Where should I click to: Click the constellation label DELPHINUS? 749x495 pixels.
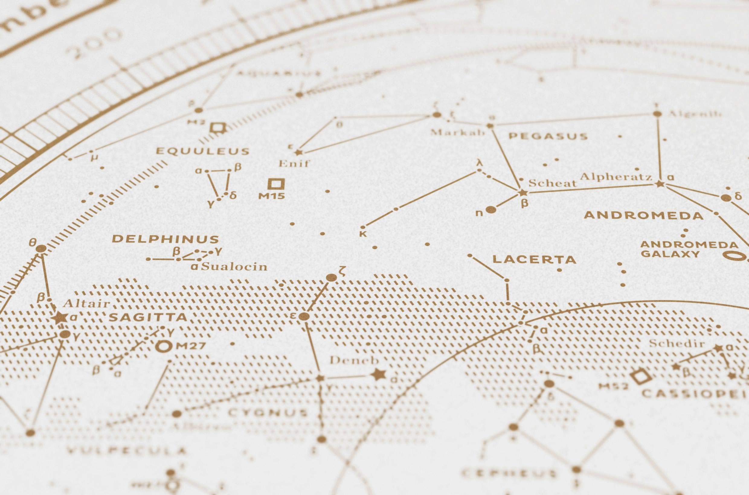pyautogui.click(x=165, y=239)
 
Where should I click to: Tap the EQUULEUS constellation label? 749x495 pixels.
pyautogui.click(x=202, y=151)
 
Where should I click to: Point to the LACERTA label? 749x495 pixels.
pyautogui.click(x=535, y=260)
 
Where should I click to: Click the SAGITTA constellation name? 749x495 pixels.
pyautogui.click(x=148, y=317)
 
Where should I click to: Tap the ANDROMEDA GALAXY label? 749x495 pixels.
pyautogui.click(x=689, y=249)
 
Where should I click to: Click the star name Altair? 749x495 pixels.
pyautogui.click(x=86, y=304)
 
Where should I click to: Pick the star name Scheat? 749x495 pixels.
pyautogui.click(x=552, y=183)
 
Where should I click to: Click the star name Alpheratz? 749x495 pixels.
pyautogui.click(x=616, y=177)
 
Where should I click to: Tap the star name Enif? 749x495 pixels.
pyautogui.click(x=294, y=164)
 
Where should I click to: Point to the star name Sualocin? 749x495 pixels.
pyautogui.click(x=234, y=267)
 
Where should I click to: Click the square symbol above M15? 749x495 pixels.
pyautogui.click(x=276, y=184)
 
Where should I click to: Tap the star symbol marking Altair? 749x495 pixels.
pyautogui.click(x=60, y=318)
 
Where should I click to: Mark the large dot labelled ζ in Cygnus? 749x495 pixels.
pyautogui.click(x=331, y=277)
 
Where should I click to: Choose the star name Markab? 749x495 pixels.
pyautogui.click(x=458, y=132)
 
